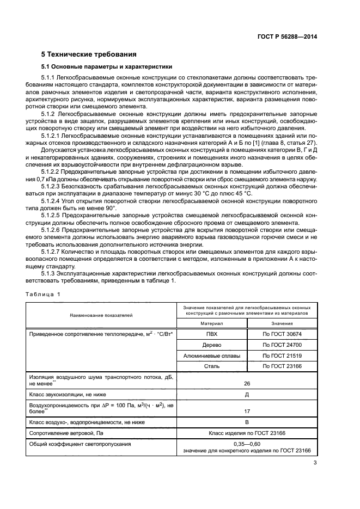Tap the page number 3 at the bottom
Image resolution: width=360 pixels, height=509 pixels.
[x=315, y=463]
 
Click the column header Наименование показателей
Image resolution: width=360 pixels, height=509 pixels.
[x=101, y=315]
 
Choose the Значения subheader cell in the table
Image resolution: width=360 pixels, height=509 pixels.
[x=282, y=323]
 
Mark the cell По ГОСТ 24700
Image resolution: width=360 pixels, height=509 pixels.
[x=282, y=345]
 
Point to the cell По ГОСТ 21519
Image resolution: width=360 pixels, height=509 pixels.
[x=282, y=355]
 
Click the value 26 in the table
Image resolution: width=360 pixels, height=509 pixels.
[x=247, y=383]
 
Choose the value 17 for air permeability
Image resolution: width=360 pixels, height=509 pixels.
[x=247, y=411]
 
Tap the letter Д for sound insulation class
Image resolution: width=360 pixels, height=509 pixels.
[x=247, y=394]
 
